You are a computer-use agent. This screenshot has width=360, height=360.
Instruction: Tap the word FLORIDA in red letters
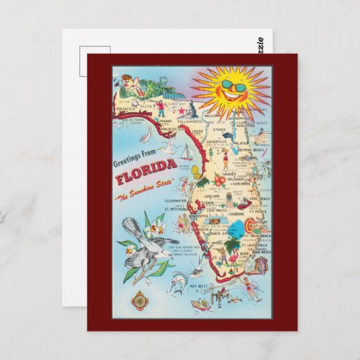(x=144, y=181)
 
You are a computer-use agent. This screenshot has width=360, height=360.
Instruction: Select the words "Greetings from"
(x=132, y=163)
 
